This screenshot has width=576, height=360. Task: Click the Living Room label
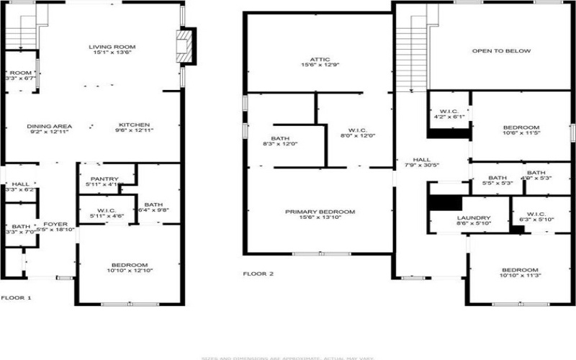tap(112, 48)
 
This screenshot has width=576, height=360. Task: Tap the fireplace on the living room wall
tap(186, 46)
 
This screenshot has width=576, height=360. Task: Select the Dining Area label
tap(50, 125)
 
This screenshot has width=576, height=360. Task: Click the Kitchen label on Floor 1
tap(134, 125)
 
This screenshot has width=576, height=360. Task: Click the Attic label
tap(320, 60)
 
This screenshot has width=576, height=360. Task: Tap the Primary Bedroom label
tap(320, 212)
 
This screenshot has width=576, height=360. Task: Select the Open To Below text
tap(501, 51)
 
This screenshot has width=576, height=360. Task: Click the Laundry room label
tap(474, 218)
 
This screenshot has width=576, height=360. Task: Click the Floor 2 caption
tap(258, 274)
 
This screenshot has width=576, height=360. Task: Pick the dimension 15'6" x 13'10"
tap(320, 218)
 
